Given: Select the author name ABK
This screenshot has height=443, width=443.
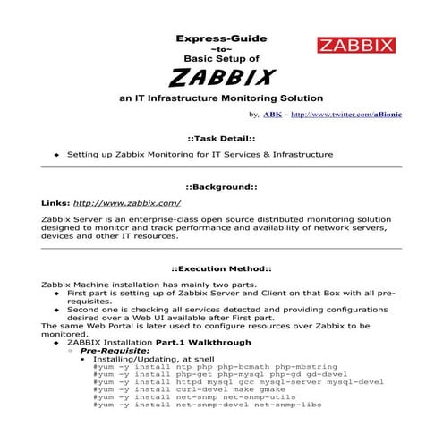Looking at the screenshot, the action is click(x=272, y=115).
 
